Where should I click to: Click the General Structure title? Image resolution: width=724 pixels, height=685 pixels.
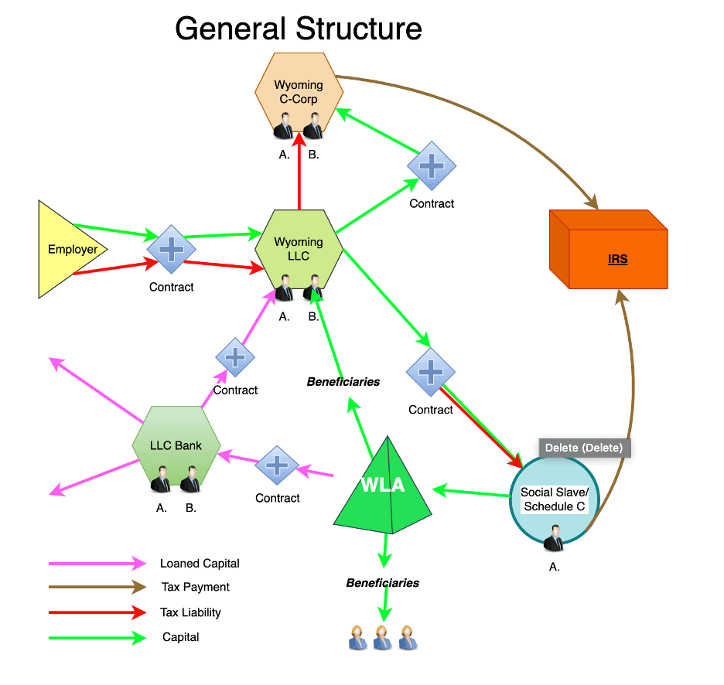[298, 29]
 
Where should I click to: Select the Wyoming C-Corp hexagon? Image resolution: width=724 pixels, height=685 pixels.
[299, 92]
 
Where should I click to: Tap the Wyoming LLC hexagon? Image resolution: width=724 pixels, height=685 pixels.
[299, 247]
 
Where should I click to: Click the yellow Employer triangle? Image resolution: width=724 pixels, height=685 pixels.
[68, 250]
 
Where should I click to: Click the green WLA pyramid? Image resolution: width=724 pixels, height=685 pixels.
[384, 487]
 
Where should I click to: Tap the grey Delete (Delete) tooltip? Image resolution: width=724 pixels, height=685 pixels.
[585, 448]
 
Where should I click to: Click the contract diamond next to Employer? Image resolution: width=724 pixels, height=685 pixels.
[172, 250]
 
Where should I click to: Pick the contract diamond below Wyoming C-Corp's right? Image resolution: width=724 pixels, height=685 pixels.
[432, 166]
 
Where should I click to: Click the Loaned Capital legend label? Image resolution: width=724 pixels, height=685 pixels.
[200, 564]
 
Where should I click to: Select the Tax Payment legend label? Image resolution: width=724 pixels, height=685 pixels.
[195, 588]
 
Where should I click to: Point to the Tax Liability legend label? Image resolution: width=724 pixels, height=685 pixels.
[190, 612]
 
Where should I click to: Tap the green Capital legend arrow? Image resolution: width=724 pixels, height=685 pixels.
[97, 638]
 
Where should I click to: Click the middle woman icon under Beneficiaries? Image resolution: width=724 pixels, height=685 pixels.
[382, 638]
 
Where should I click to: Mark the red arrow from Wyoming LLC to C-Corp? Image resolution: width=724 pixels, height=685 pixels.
[299, 174]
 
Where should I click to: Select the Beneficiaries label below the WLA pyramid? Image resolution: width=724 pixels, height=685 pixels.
[382, 583]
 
